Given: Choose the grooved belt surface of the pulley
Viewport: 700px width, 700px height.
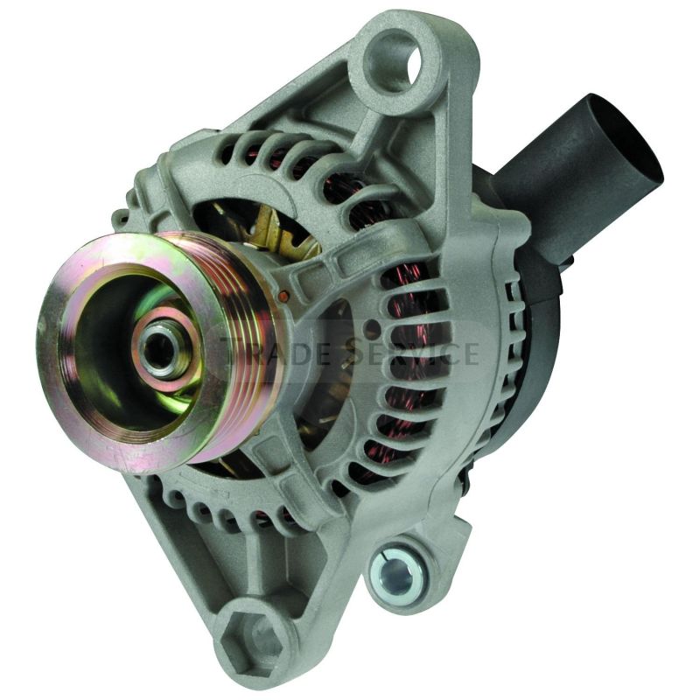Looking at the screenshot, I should [x=245, y=350].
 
